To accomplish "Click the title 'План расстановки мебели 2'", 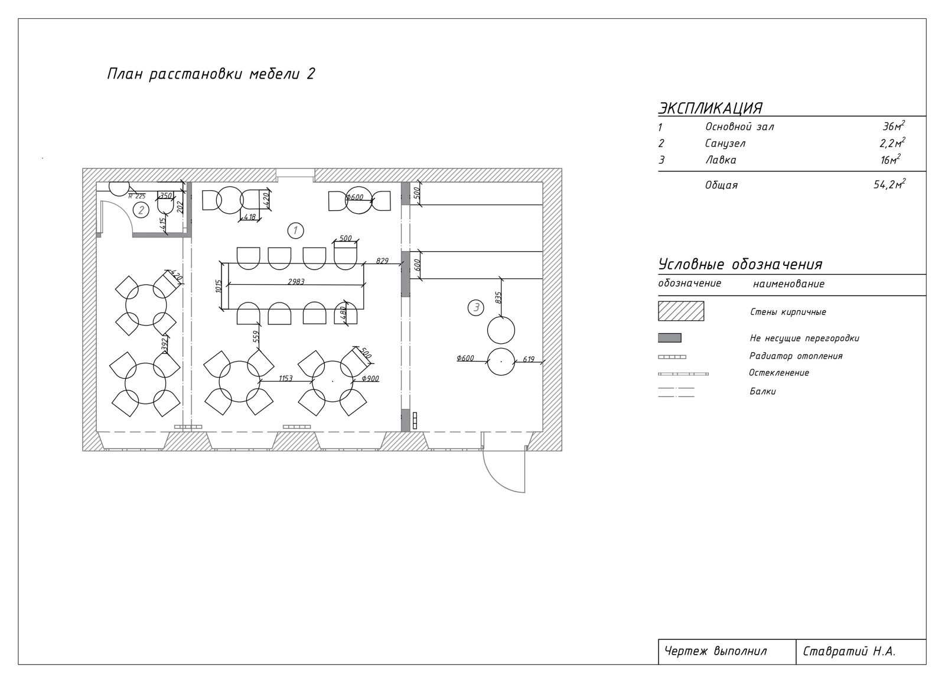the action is pyautogui.click(x=211, y=74).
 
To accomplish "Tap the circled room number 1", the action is pyautogui.click(x=295, y=230).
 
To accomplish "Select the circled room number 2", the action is pyautogui.click(x=141, y=210).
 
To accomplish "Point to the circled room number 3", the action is pyautogui.click(x=476, y=307).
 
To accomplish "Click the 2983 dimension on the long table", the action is pyautogui.click(x=296, y=282).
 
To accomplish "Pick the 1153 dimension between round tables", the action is pyautogui.click(x=286, y=378).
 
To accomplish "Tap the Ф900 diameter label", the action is pyautogui.click(x=370, y=379).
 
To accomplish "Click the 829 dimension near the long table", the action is pyautogui.click(x=382, y=261).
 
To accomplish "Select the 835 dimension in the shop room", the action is pyautogui.click(x=498, y=298).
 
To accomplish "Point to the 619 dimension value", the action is pyautogui.click(x=529, y=359).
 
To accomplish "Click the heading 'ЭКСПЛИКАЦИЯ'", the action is pyautogui.click(x=711, y=108).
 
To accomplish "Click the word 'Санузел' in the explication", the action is pyautogui.click(x=725, y=144).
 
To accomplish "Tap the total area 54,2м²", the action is pyautogui.click(x=889, y=184).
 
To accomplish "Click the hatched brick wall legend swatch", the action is pyautogui.click(x=681, y=311).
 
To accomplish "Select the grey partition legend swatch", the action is pyautogui.click(x=670, y=338).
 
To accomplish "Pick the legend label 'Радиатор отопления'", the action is pyautogui.click(x=796, y=356).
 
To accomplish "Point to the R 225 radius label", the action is pyautogui.click(x=136, y=196).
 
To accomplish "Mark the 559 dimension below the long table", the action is pyautogui.click(x=256, y=336).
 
